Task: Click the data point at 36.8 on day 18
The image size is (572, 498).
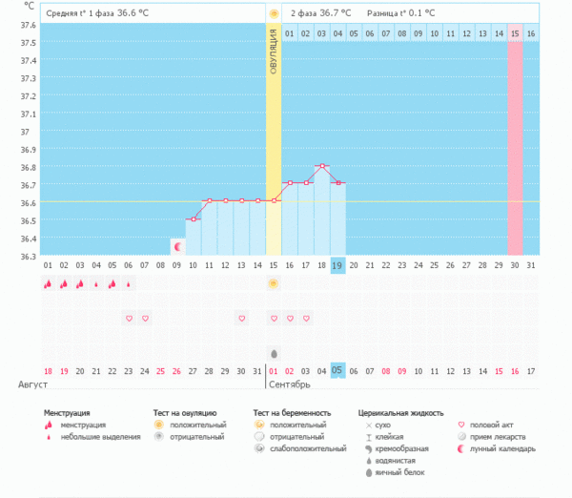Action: point(322,165)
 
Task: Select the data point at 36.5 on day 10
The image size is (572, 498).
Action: point(193,219)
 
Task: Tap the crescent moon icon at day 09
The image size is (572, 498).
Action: point(177,247)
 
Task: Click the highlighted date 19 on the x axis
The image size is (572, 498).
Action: point(337,265)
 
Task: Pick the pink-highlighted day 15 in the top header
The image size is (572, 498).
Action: point(515,33)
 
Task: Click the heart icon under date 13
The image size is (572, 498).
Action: point(242,318)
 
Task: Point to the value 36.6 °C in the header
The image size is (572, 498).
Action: point(133,13)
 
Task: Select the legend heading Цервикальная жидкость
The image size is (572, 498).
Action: point(400,413)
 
